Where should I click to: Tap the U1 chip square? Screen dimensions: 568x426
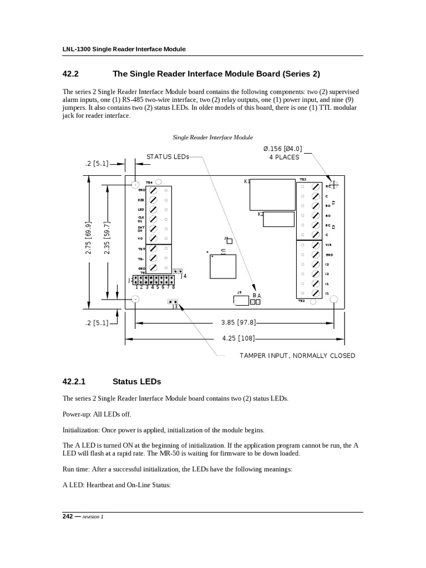(x=222, y=266)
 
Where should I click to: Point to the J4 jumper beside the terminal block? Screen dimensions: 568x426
(x=177, y=272)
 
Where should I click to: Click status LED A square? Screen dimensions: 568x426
(x=257, y=302)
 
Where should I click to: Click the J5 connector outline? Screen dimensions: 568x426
(x=241, y=301)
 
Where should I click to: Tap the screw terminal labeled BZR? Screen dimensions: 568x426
(x=154, y=200)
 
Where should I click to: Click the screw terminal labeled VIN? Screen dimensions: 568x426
(x=315, y=245)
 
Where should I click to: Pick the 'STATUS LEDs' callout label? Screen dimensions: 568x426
(x=168, y=157)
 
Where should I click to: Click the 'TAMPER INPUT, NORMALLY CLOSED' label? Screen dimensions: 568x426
(x=297, y=356)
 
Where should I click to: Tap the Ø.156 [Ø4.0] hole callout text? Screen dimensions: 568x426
(x=282, y=149)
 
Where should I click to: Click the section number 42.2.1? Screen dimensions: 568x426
(x=75, y=382)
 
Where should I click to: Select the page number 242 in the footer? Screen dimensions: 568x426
(x=68, y=516)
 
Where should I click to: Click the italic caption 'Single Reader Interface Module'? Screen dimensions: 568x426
(x=213, y=136)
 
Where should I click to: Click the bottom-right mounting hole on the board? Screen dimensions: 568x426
(x=334, y=300)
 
